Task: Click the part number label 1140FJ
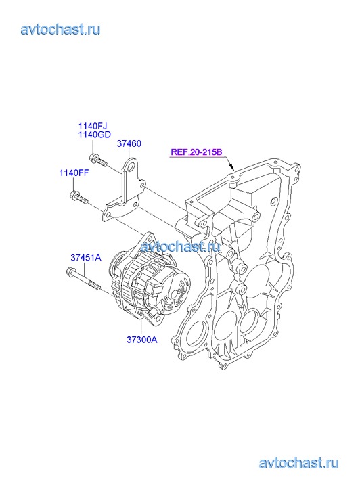(x=93, y=126)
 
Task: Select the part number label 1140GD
(x=95, y=135)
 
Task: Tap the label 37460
(x=129, y=143)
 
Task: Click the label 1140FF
(x=74, y=173)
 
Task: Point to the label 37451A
(x=86, y=258)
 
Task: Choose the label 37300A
(x=142, y=340)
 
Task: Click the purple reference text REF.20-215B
(x=196, y=152)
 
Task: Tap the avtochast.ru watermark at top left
(x=61, y=30)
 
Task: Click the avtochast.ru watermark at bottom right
(x=299, y=463)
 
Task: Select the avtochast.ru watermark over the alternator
(x=180, y=246)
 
